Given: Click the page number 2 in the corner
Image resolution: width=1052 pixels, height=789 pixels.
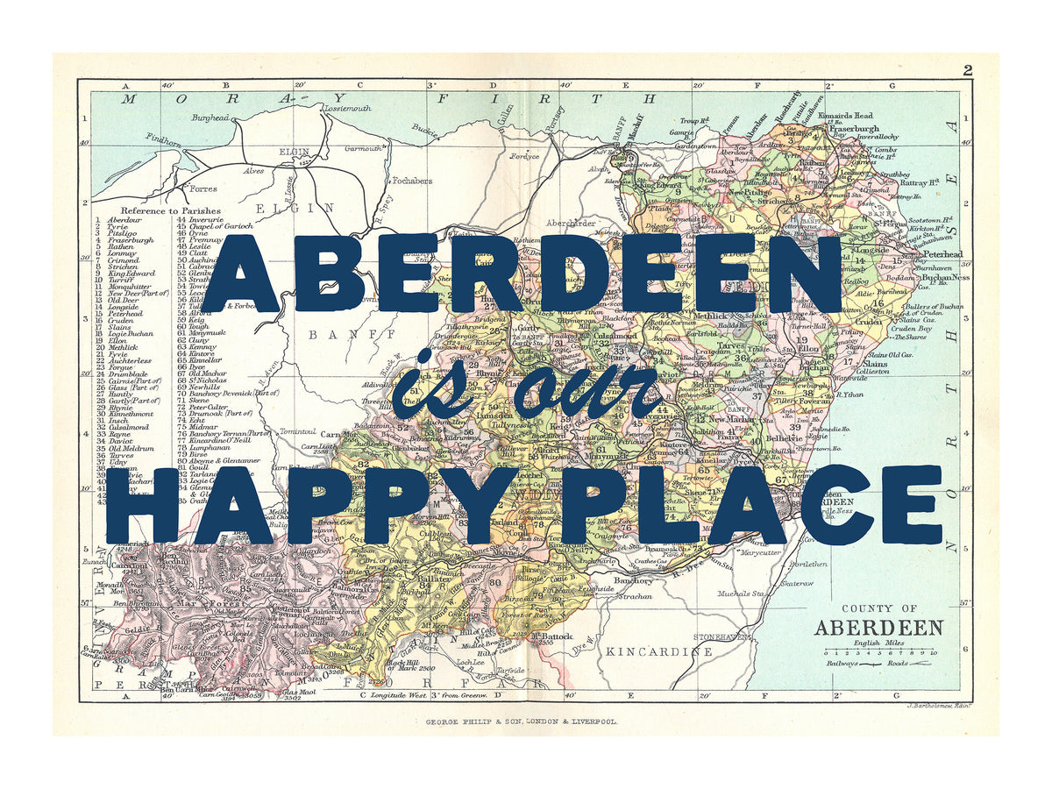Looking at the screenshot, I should pyautogui.click(x=967, y=71).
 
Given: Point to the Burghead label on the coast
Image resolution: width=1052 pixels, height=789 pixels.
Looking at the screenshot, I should pyautogui.click(x=210, y=117).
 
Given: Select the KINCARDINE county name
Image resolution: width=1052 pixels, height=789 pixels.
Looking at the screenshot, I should pyautogui.click(x=659, y=651).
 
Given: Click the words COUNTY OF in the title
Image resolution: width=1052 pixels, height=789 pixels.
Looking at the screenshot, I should pyautogui.click(x=878, y=608).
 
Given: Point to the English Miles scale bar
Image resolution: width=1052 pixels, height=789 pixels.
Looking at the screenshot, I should pyautogui.click(x=879, y=653).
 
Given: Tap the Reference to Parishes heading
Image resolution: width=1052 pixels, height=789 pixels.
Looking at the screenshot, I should pyautogui.click(x=174, y=211).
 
